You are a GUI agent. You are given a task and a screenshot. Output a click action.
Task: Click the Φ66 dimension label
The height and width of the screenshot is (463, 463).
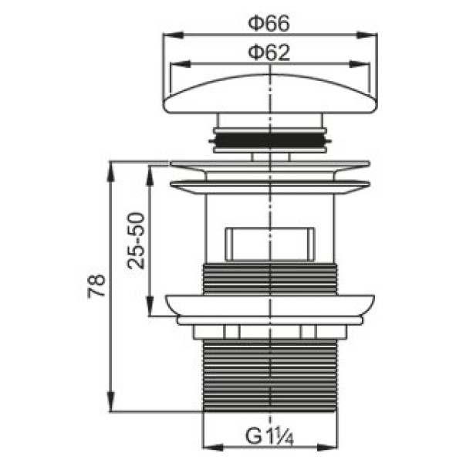(x=269, y=24)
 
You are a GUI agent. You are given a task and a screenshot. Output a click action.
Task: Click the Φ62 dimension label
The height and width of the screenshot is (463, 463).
(x=269, y=53)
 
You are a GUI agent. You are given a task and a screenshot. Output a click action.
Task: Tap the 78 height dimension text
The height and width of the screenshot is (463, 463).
(x=97, y=286)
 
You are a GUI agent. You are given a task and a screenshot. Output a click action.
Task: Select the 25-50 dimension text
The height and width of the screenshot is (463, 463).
(x=136, y=241)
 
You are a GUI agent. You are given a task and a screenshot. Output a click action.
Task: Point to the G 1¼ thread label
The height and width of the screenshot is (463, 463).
(x=269, y=437)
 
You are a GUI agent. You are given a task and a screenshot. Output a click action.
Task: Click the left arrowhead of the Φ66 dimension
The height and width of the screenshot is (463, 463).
(x=173, y=35)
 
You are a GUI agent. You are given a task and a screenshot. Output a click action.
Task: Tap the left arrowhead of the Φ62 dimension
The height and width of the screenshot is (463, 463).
(x=180, y=64)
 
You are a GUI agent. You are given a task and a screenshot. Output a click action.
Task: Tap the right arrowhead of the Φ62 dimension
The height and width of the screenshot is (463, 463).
(x=360, y=64)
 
